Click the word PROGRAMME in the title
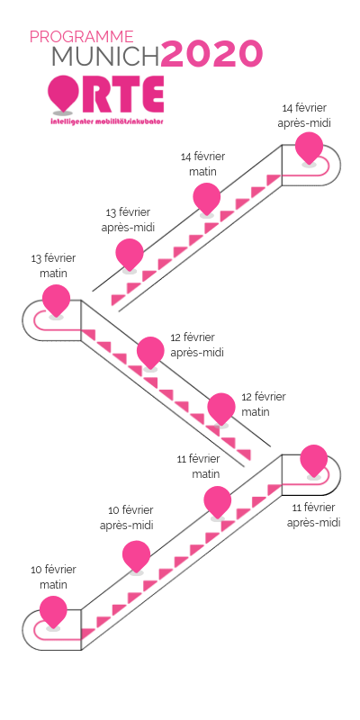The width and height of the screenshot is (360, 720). point(81,37)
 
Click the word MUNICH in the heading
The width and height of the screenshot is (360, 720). point(105,57)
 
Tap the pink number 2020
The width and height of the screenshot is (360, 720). point(211,55)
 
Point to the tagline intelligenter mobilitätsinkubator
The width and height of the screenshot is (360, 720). point(107,120)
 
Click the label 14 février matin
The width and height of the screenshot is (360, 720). point(202,164)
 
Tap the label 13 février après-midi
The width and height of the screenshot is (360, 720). point(128,220)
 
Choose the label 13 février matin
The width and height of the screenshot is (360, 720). point(53,265)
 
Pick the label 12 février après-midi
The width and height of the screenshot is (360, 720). point(197,344)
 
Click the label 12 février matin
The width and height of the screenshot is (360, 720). point(263,403)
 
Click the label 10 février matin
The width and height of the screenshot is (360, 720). point(54,577)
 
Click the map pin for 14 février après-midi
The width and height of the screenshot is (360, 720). point(310,147)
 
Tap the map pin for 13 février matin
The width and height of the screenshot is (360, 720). point(56,299)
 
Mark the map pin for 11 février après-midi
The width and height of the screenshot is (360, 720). point(314,459)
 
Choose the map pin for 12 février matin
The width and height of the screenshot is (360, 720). point(220,407)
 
